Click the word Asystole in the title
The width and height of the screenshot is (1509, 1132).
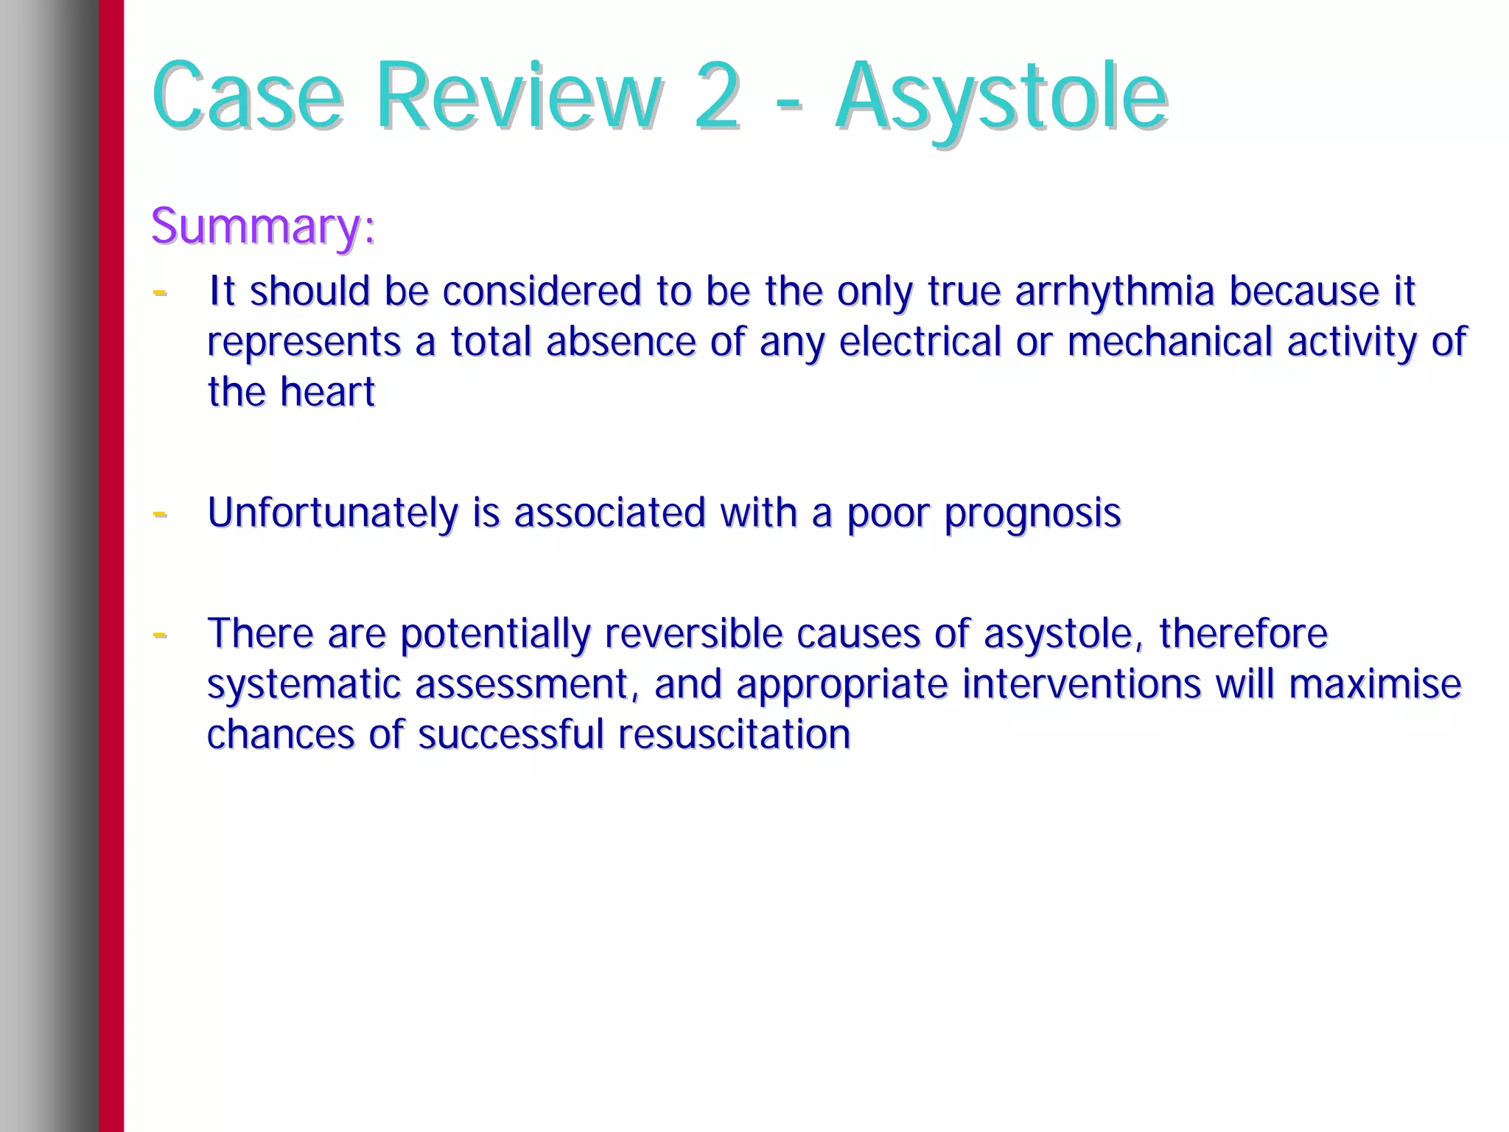tap(1001, 98)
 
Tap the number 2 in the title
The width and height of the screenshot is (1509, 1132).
tap(715, 98)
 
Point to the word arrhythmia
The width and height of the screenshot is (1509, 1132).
tap(1114, 292)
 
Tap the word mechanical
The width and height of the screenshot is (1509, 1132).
tap(1169, 342)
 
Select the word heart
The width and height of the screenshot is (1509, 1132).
tap(328, 392)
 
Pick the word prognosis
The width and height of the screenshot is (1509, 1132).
tap(1032, 514)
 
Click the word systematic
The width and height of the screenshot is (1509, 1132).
tap(304, 684)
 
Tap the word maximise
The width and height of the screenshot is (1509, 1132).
tap(1375, 684)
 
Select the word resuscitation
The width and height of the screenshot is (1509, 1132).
tap(734, 734)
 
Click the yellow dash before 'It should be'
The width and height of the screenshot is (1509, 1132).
tap(159, 292)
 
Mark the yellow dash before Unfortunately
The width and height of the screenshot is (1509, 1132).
tap(159, 513)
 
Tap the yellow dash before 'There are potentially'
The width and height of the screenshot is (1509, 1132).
tap(159, 634)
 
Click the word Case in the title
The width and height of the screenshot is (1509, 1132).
tap(248, 98)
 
